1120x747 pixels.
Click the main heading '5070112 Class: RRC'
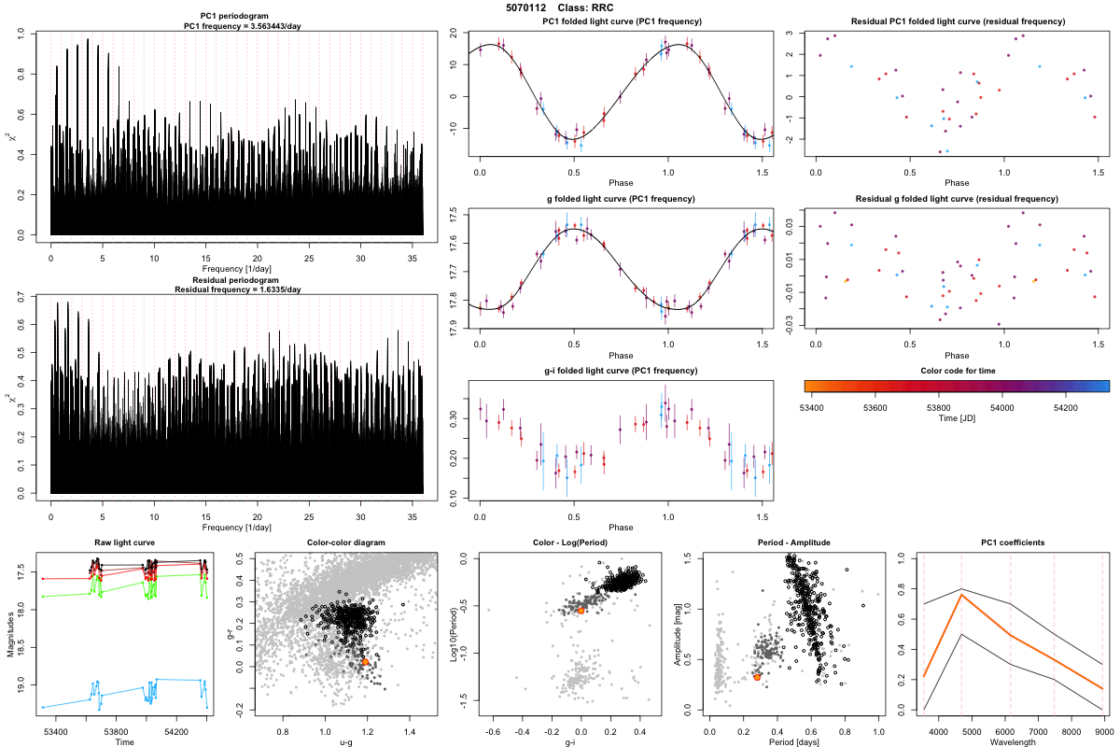point(559,7)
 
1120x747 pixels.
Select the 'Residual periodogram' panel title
point(237,280)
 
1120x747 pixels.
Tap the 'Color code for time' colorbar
point(956,385)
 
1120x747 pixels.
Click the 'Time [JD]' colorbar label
point(956,419)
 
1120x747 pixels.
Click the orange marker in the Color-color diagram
point(365,661)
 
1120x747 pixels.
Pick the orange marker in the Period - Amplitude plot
point(757,676)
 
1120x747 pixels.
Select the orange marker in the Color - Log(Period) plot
point(581,610)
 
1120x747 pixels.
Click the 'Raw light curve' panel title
point(125,543)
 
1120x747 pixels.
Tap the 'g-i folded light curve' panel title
point(621,371)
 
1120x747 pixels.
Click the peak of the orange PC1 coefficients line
point(961,595)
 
